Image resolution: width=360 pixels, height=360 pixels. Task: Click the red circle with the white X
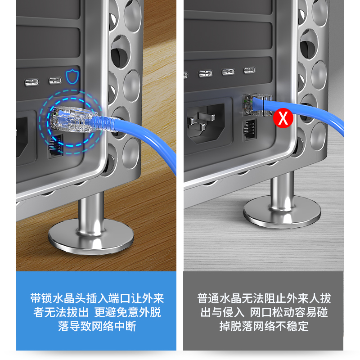pos(283,118)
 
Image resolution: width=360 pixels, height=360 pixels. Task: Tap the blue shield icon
pos(72,76)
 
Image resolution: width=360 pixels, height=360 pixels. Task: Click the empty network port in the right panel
pos(250,130)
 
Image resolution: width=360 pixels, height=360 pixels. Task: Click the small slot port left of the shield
pos(55,81)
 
